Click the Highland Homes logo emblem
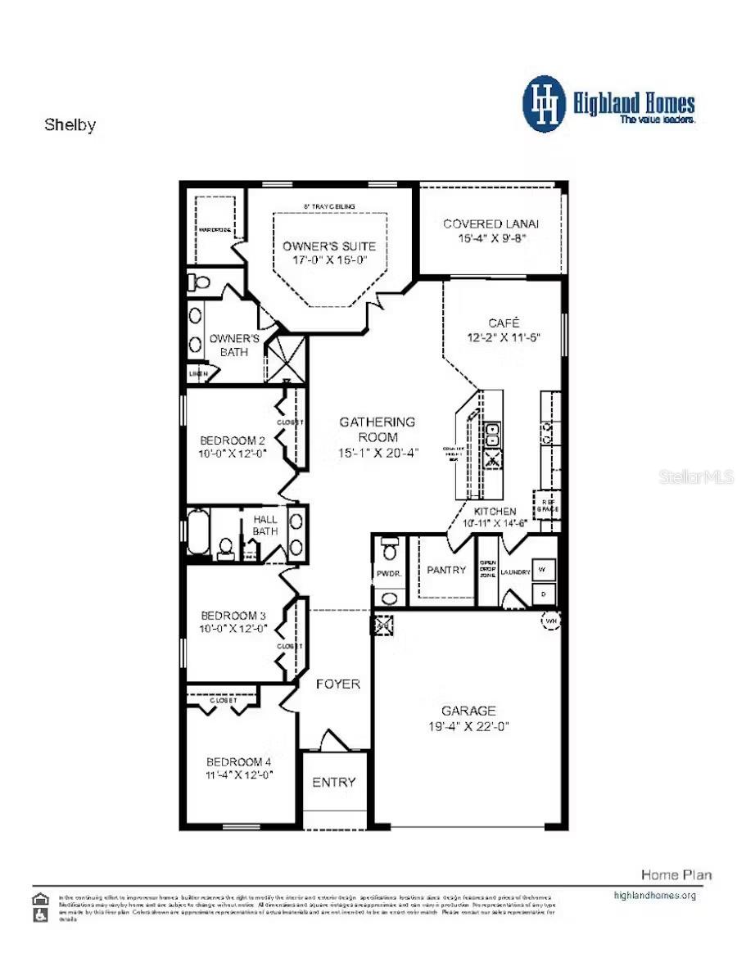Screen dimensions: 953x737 coord(544,103)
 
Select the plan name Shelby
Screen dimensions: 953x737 coord(70,125)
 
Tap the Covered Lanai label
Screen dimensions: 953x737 coord(491,224)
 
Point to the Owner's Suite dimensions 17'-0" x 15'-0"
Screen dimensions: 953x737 coord(329,260)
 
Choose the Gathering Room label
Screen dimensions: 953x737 coord(378,429)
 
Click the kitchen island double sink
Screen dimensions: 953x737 coord(493,436)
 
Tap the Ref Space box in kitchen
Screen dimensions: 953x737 coord(547,503)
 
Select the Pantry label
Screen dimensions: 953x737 coord(446,570)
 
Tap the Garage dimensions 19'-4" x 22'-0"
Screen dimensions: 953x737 coord(469,726)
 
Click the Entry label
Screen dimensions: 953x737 coord(334,782)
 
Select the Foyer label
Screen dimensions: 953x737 coord(337,684)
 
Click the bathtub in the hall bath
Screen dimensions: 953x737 coord(198,532)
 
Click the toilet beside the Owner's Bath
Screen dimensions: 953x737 coord(199,282)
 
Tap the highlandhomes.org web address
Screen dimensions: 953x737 coord(654,895)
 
